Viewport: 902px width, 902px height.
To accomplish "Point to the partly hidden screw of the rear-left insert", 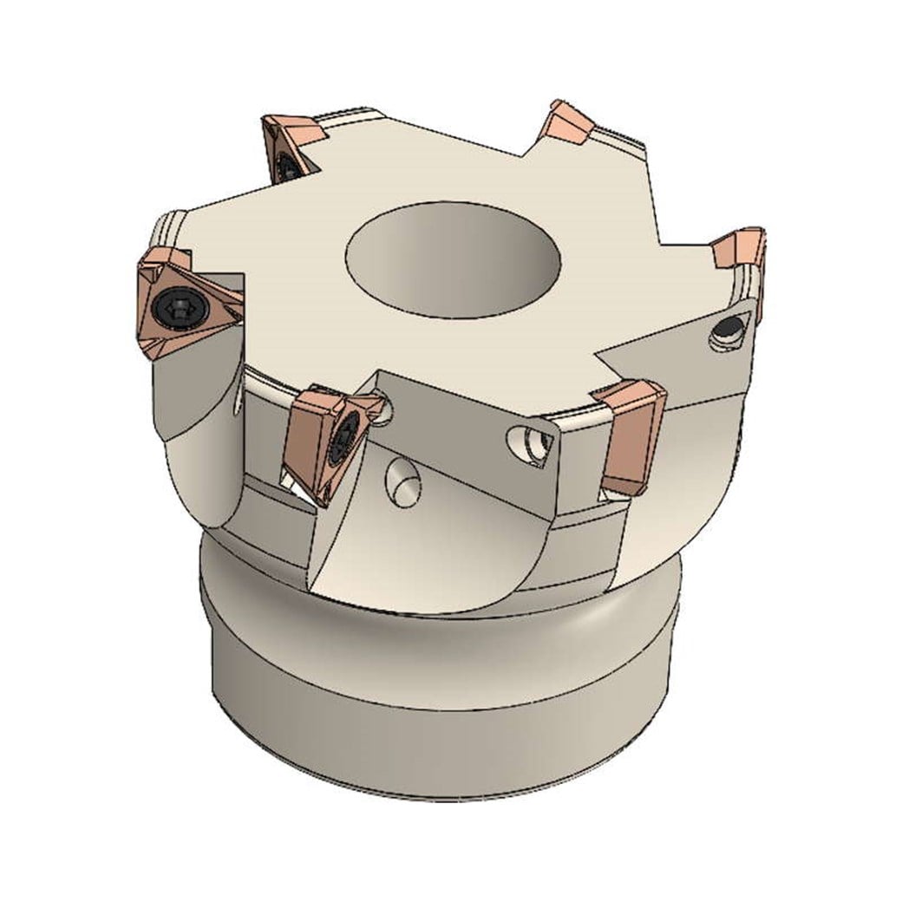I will pos(286,161).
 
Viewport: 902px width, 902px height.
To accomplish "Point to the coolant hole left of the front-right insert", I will pos(532,441).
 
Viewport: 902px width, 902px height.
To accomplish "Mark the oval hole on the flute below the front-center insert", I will pos(402,480).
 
